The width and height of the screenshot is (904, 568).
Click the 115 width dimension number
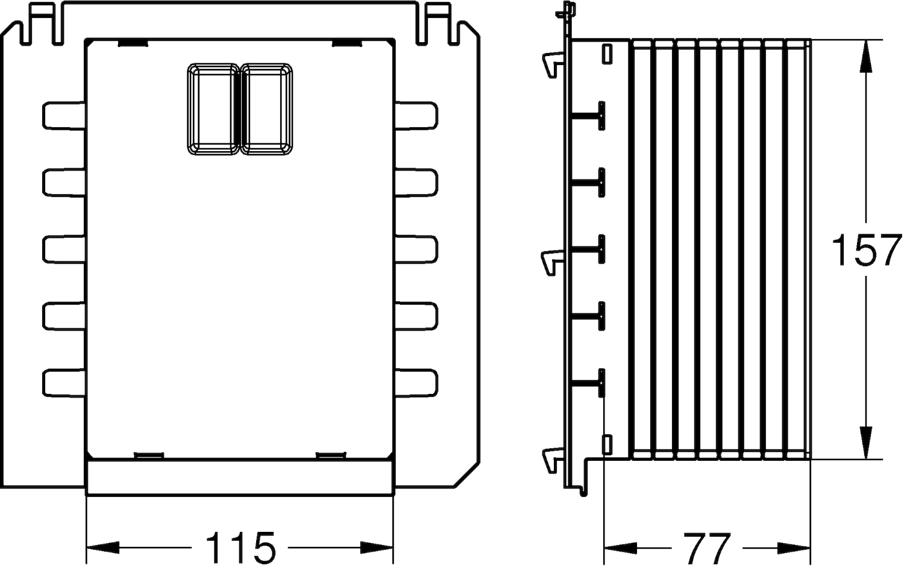pos(240,548)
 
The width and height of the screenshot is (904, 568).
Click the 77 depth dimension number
pos(706,548)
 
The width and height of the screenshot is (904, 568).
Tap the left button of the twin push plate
pos(213,109)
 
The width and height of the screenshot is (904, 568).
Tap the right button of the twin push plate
pos(266,109)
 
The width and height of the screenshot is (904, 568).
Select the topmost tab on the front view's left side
pos(64,116)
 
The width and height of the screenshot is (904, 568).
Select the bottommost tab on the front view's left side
pos(64,383)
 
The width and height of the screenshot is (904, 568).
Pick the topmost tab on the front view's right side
pos(416,116)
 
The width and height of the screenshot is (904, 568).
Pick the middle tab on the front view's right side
pos(416,250)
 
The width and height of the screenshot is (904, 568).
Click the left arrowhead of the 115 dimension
pos(103,548)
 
